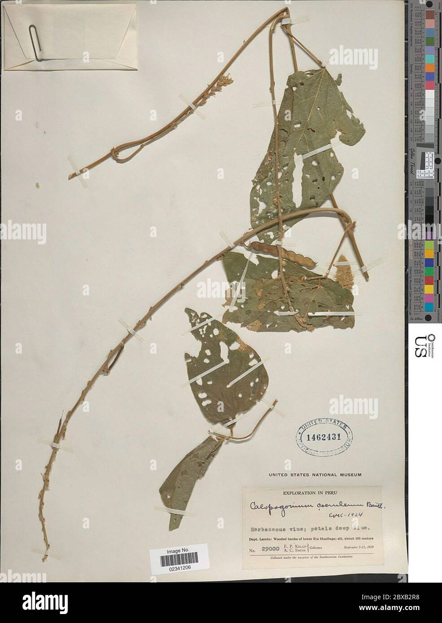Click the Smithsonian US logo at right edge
pos(424,346)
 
